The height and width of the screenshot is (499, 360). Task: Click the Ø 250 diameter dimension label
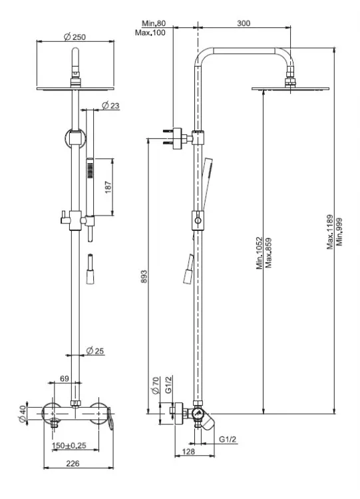[75, 37]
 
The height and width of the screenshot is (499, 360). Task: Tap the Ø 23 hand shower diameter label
[110, 105]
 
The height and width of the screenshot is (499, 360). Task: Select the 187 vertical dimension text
[108, 187]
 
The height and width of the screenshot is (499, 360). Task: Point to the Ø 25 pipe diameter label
[95, 351]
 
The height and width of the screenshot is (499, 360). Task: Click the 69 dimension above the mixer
[65, 379]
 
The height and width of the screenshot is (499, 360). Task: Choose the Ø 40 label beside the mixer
[22, 414]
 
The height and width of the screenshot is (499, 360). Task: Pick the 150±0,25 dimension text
[69, 445]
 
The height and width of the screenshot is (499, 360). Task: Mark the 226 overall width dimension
[73, 463]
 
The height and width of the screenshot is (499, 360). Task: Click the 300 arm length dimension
[244, 23]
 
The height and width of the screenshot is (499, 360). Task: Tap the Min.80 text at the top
[154, 23]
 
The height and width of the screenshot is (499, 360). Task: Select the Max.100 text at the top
[150, 33]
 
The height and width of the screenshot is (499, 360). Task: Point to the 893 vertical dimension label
[144, 277]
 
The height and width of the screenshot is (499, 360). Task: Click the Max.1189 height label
[330, 232]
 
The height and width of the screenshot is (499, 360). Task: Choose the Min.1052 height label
[260, 253]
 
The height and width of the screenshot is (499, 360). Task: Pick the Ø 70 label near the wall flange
[156, 385]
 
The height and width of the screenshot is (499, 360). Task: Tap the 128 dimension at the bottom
[188, 451]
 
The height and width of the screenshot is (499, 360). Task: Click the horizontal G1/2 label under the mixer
[228, 439]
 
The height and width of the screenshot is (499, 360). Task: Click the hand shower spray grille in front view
[90, 170]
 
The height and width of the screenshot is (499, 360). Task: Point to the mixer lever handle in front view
[110, 418]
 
